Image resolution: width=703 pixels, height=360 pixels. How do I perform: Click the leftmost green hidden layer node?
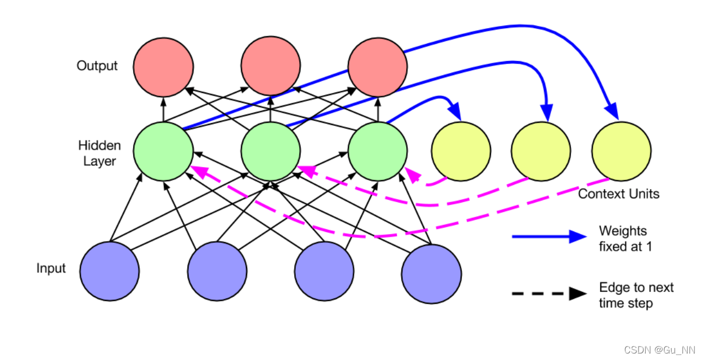pyautogui.click(x=163, y=151)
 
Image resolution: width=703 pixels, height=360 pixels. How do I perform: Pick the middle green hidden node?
pyautogui.click(x=270, y=151)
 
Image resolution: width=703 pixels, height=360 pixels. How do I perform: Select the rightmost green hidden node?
pyautogui.click(x=377, y=151)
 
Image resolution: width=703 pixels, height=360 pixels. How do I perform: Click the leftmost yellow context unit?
pyautogui.click(x=461, y=151)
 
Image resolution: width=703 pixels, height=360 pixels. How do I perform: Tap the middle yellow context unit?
pyautogui.click(x=541, y=151)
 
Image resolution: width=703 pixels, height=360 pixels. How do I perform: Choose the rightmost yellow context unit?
pyautogui.click(x=621, y=151)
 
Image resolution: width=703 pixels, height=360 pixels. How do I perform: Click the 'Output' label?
pyautogui.click(x=97, y=66)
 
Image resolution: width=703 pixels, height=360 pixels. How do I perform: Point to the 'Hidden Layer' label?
pyautogui.click(x=100, y=153)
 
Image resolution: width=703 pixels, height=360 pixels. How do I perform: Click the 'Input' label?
pyautogui.click(x=51, y=269)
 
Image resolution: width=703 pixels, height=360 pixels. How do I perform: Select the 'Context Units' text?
pyautogui.click(x=619, y=194)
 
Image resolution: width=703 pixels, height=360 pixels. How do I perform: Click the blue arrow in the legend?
pyautogui.click(x=549, y=237)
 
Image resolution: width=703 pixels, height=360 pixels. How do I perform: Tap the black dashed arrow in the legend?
pyautogui.click(x=549, y=294)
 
